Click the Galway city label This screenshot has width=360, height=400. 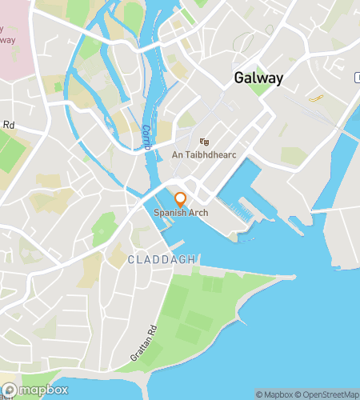coord(261,78)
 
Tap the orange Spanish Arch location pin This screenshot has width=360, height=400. coord(181,199)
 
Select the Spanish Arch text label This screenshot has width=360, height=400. coord(181,213)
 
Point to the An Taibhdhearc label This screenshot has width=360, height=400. coord(205,154)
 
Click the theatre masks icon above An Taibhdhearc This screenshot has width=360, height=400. coord(205,141)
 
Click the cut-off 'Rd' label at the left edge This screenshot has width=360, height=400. coord(9,125)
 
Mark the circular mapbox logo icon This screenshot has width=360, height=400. coord(8,390)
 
